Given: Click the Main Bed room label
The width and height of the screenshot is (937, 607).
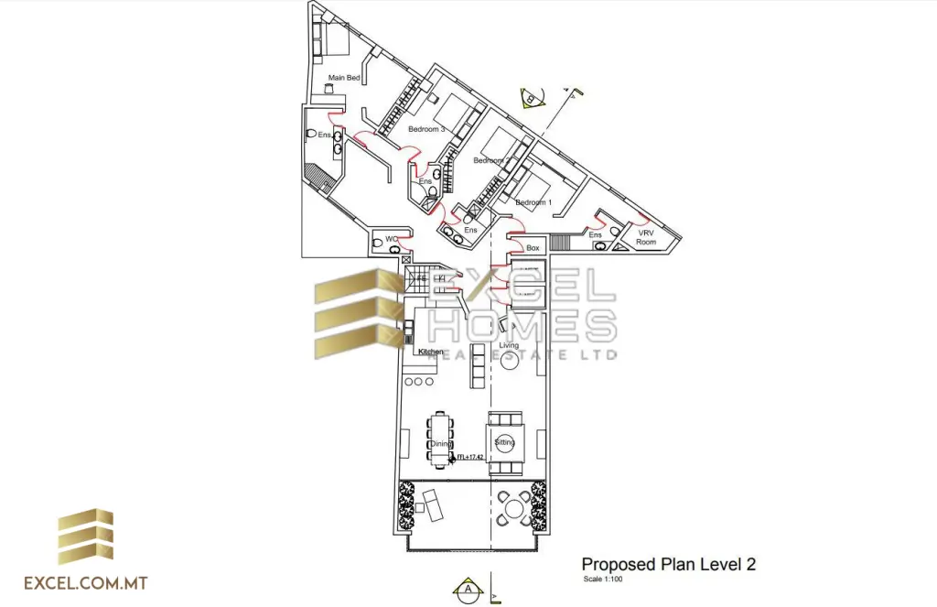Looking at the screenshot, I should tap(344, 78).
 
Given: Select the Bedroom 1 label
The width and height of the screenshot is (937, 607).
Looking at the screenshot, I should tap(533, 202).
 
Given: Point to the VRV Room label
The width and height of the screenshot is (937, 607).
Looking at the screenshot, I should tap(646, 237).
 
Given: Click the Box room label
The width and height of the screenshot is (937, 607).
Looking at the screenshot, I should tap(533, 248).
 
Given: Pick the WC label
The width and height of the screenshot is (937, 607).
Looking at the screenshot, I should tap(392, 240).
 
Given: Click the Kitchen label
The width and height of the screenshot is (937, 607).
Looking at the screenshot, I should tap(431, 352).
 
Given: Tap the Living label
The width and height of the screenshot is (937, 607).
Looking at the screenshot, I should tap(509, 345).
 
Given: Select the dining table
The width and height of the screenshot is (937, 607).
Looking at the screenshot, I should tap(441, 439).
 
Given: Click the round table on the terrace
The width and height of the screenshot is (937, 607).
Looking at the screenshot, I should tap(515, 507).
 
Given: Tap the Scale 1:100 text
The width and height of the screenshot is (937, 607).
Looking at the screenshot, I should tap(606, 579).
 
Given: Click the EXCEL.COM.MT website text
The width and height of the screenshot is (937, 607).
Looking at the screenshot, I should tap(87, 582).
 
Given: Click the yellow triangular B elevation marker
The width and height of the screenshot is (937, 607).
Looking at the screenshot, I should tap(532, 98).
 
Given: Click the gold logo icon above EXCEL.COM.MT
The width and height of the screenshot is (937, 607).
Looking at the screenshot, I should tap(85, 537).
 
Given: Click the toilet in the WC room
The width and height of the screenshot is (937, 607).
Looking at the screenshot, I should tap(379, 244).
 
